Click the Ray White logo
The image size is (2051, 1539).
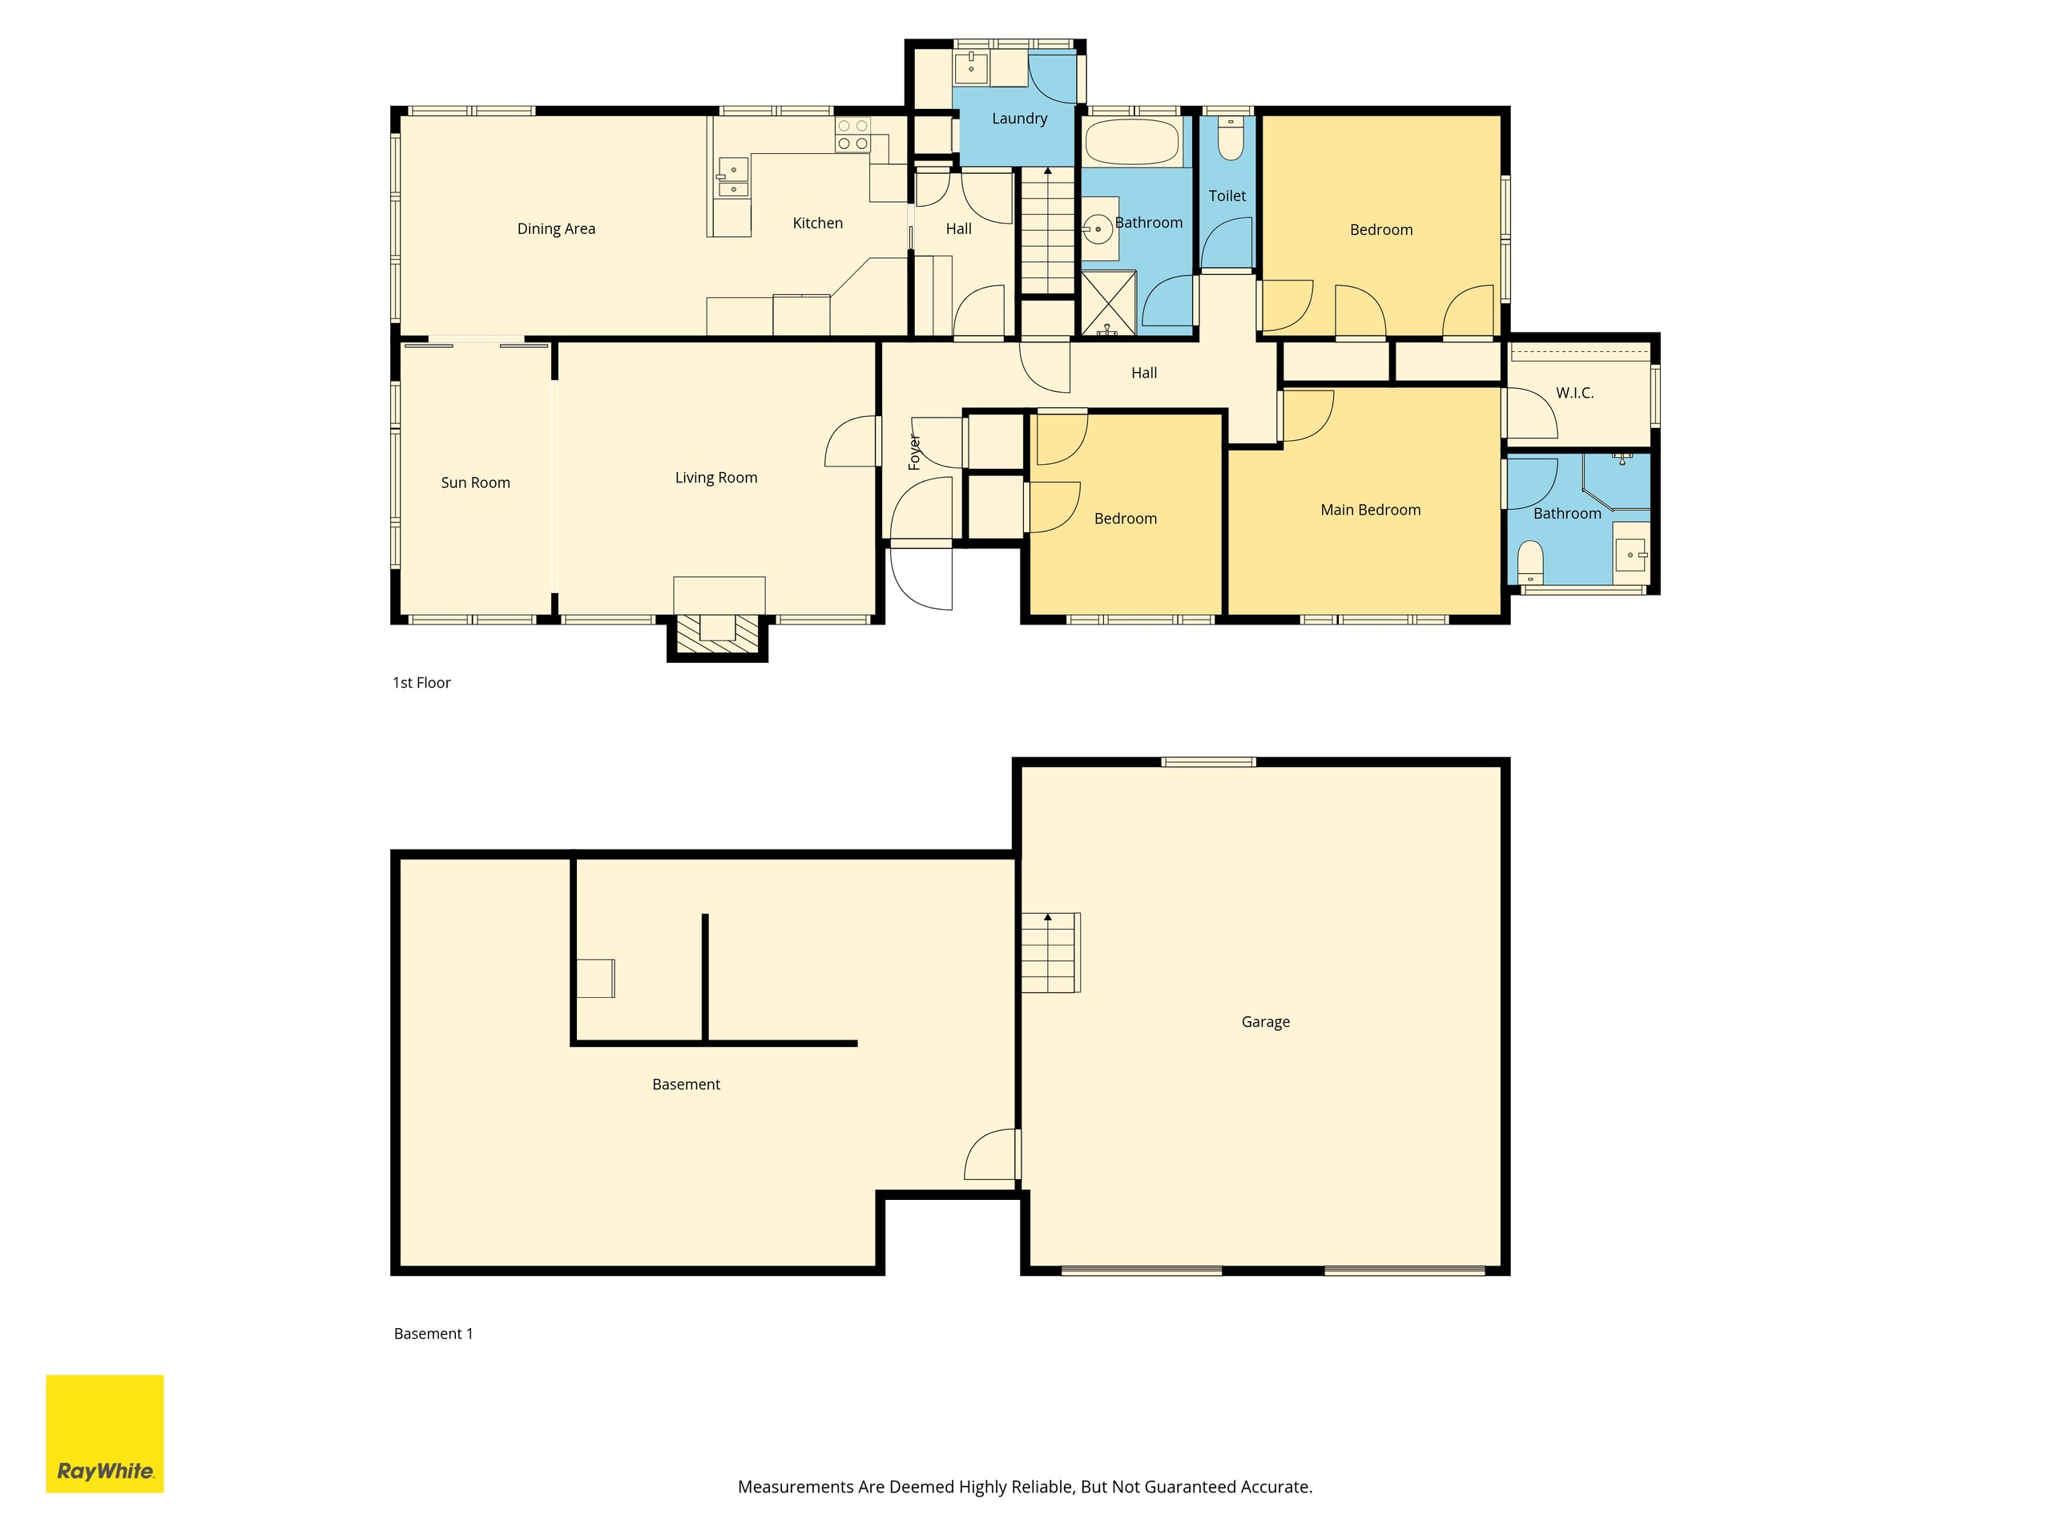[x=105, y=1433]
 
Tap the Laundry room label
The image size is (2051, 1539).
[x=1019, y=119]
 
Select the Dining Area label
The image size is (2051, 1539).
[x=556, y=229]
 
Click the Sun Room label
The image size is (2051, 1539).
[x=476, y=483]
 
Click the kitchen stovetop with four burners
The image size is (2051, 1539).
[x=853, y=135]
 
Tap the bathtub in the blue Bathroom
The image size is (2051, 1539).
[x=1132, y=141]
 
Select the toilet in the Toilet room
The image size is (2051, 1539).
[x=1231, y=139]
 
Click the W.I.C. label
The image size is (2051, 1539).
[x=1574, y=394]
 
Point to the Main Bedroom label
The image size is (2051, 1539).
[x=1371, y=511]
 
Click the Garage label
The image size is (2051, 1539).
[x=1266, y=1022]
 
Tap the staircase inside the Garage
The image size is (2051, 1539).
[x=1050, y=953]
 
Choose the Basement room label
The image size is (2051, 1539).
[x=686, y=1085]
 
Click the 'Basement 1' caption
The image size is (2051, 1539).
[x=433, y=1334]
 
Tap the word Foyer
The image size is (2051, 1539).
[x=914, y=452]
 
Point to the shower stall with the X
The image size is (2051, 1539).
[x=1109, y=302]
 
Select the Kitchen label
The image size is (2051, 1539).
[x=818, y=224]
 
